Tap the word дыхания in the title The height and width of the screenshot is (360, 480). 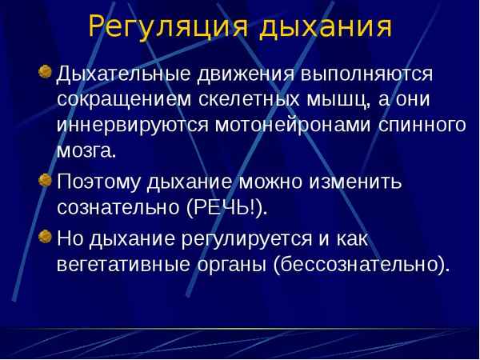pos(326,26)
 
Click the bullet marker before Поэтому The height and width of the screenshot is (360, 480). pos(45,178)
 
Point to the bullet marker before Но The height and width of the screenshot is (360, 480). pos(45,236)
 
